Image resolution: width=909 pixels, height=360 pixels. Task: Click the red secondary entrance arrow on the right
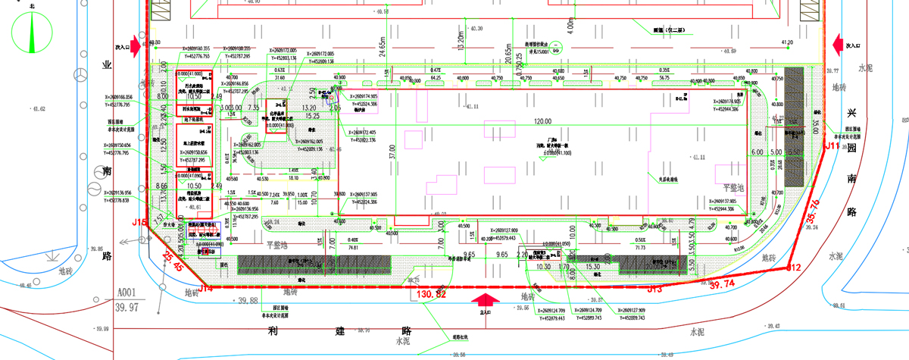[837, 44]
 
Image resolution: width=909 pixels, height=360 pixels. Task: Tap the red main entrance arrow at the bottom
[486, 302]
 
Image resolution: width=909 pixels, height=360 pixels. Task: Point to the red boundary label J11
[832, 144]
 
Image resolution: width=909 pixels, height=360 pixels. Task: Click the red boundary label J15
[139, 223]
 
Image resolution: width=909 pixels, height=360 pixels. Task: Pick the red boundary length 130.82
[432, 293]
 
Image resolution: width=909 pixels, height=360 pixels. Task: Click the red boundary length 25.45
[173, 262]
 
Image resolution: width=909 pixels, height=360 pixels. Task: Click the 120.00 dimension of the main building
[542, 121]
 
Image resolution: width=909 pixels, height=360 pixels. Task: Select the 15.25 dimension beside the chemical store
[312, 115]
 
